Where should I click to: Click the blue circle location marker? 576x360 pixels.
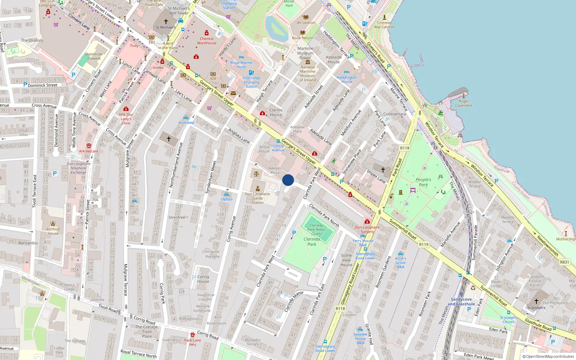click(288, 180)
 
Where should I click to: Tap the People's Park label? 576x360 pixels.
click(423, 182)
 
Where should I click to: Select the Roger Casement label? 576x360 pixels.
click(464, 104)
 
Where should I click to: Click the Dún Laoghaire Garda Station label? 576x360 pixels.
click(257, 198)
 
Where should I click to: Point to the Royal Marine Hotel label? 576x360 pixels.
click(241, 65)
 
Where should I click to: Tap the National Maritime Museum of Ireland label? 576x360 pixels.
click(307, 73)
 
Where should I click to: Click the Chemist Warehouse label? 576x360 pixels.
click(207, 41)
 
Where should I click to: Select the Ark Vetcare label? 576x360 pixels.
click(89, 151)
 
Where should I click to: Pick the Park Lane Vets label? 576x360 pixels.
click(193, 342)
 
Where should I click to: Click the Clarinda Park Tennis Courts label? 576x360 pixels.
click(316, 229)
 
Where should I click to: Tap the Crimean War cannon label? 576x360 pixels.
click(384, 24)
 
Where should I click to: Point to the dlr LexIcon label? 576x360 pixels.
click(306, 22)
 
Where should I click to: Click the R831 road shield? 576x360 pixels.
click(564, 262)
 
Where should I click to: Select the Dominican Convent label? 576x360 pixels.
click(94, 56)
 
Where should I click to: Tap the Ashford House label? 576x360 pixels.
click(53, 231)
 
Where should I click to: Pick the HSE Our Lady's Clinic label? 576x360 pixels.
click(126, 119)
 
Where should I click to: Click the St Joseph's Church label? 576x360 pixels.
click(508, 320)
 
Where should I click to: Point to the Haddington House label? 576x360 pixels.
click(347, 80)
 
